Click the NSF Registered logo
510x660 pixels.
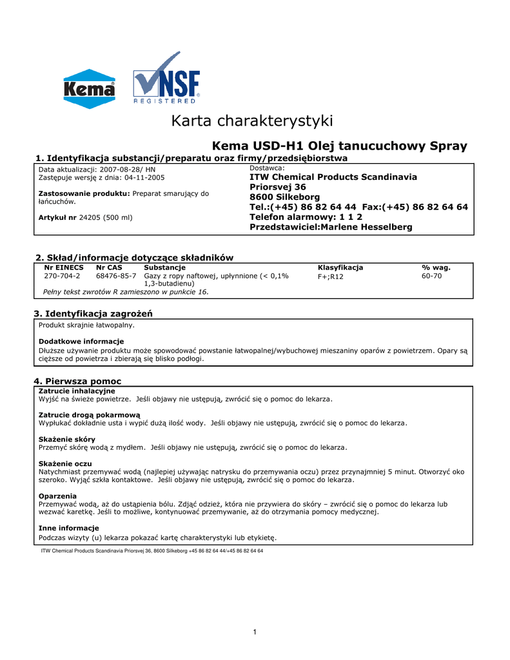(x=167, y=79)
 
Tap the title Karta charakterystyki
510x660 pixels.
(x=252, y=121)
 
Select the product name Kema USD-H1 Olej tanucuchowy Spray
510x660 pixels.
(x=340, y=146)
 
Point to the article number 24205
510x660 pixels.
(x=90, y=217)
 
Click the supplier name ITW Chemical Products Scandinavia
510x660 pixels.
(x=333, y=177)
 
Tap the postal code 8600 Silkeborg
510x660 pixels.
(x=284, y=197)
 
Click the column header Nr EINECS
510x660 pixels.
(x=64, y=267)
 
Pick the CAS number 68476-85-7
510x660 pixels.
(x=116, y=276)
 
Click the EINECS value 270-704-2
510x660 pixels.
(x=62, y=276)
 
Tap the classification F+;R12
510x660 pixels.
(x=331, y=277)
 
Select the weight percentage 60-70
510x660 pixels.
(x=431, y=276)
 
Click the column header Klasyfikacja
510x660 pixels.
(x=340, y=267)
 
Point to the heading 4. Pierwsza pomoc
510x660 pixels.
(x=77, y=381)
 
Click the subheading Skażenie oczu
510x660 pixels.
(x=65, y=463)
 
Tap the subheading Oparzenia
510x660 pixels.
(x=57, y=496)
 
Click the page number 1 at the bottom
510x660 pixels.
(x=255, y=632)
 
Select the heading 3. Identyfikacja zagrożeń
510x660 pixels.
(x=93, y=313)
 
